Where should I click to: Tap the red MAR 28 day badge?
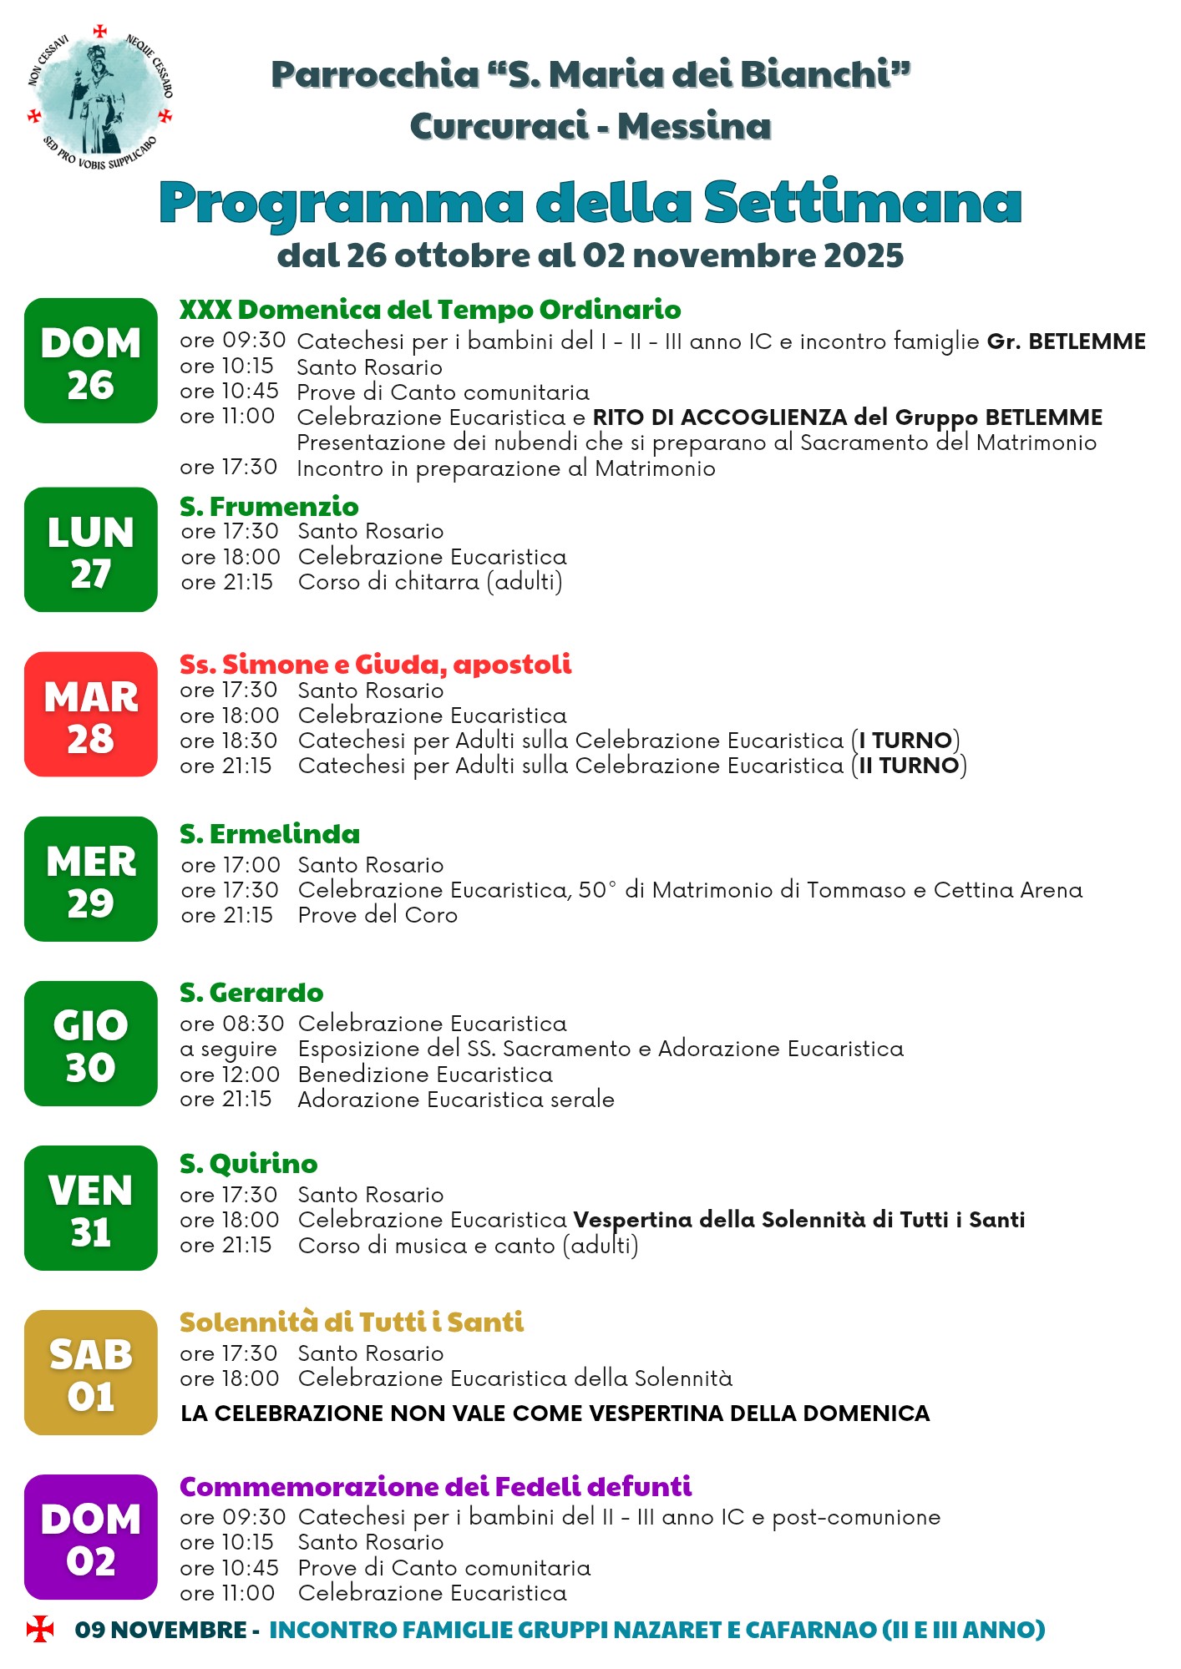pos(91,715)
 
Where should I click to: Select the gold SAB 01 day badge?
pos(91,1373)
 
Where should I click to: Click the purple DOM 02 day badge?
pos(91,1537)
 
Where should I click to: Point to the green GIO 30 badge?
pos(91,1044)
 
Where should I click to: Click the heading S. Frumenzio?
pos(269,507)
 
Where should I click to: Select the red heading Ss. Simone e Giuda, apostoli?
pos(376,665)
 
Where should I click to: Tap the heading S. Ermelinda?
pos(270,834)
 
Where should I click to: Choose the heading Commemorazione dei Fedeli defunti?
pos(435,1487)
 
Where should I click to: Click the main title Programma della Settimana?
pos(590,203)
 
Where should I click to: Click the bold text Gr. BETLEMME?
pos(1066,341)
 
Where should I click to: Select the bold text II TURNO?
pos(909,766)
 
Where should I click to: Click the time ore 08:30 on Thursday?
pos(231,1024)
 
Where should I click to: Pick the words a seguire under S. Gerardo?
pos(228,1049)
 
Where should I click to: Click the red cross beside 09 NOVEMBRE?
pos(39,1629)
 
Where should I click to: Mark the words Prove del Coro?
pos(378,915)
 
